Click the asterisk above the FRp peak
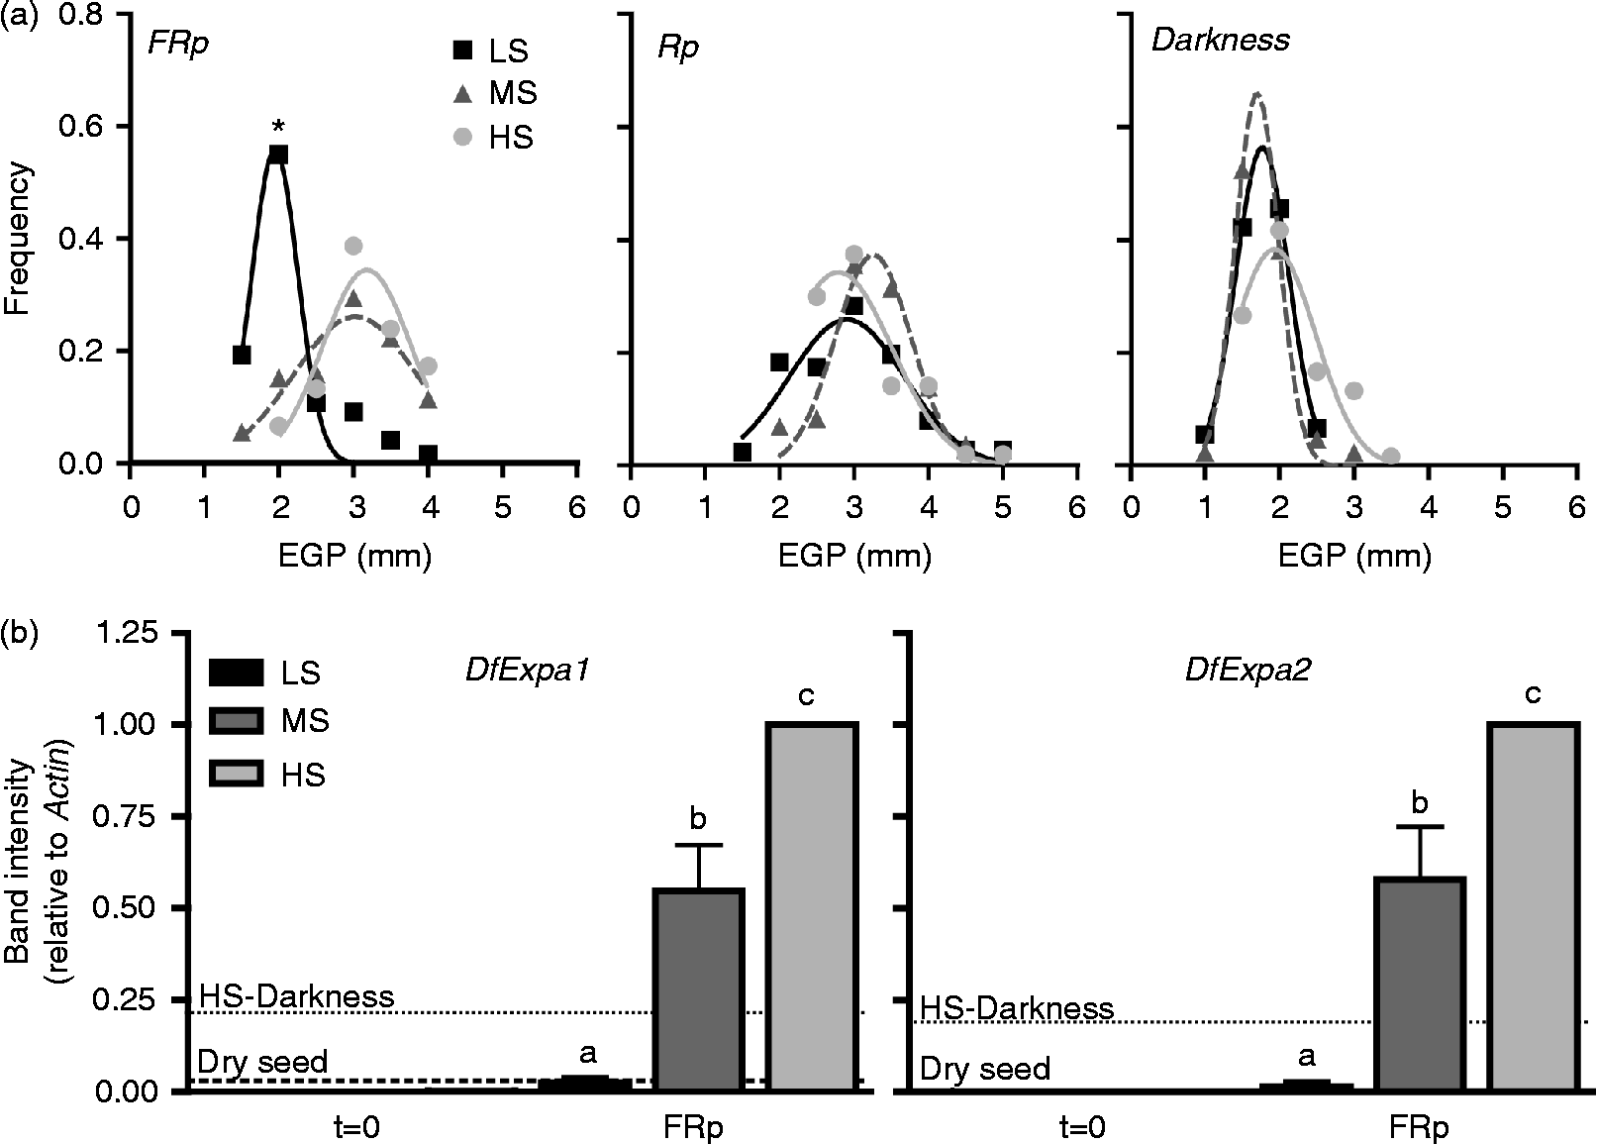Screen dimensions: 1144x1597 click(x=279, y=127)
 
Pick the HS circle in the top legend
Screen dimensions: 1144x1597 click(x=461, y=138)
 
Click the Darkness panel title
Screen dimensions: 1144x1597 click(x=1220, y=40)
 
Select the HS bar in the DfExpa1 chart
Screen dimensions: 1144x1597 click(x=813, y=906)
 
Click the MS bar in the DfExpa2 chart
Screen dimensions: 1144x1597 click(x=1421, y=983)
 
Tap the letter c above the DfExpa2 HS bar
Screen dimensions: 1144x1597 click(x=1533, y=694)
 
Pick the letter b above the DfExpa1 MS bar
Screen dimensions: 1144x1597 click(x=698, y=818)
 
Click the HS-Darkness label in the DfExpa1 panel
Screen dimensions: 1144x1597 click(x=296, y=995)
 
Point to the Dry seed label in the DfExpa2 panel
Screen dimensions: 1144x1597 click(x=984, y=1070)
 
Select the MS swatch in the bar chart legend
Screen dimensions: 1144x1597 click(x=237, y=721)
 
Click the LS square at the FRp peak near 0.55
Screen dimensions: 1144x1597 click(x=278, y=155)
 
